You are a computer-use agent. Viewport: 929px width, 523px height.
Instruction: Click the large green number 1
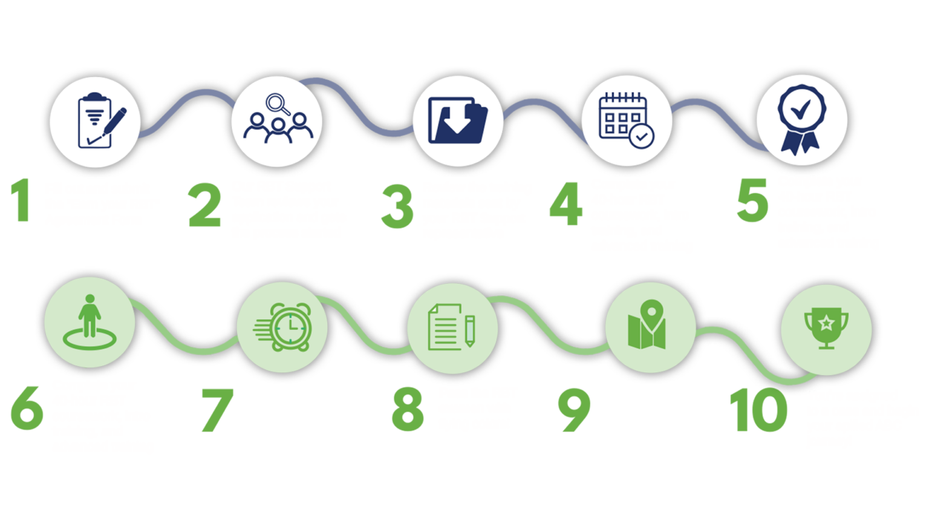click(x=22, y=200)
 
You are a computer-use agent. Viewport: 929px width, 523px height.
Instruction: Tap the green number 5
click(x=752, y=199)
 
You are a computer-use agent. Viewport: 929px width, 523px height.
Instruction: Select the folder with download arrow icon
click(x=458, y=120)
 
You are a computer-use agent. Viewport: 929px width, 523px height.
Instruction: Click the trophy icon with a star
click(x=826, y=329)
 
